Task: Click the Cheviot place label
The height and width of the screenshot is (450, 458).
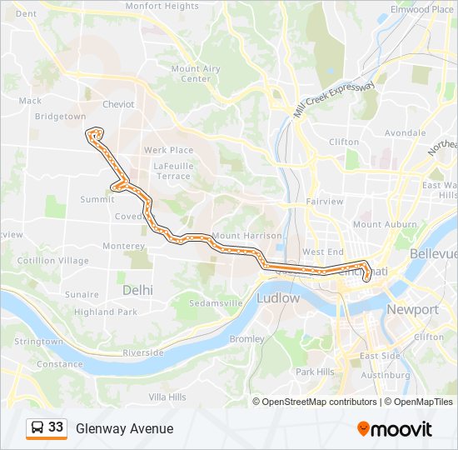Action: [117, 104]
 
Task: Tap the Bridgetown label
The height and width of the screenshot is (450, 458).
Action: [60, 117]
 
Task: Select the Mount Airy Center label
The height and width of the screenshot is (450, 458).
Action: [196, 74]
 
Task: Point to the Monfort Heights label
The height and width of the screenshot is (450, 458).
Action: [162, 6]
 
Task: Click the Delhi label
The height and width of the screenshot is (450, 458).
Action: [137, 290]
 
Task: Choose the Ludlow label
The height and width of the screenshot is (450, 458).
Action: [278, 297]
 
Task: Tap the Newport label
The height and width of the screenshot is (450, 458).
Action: [412, 309]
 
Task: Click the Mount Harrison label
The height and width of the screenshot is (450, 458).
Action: [246, 236]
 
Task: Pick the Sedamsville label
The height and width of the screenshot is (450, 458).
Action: [215, 302]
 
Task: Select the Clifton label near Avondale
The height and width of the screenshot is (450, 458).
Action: [344, 142]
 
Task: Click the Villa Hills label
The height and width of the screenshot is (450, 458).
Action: [167, 397]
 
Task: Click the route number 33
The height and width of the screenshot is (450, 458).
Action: [56, 427]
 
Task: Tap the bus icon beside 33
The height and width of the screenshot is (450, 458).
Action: [37, 427]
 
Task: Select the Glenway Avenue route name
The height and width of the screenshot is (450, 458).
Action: [125, 428]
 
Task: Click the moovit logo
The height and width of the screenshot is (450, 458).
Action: [395, 429]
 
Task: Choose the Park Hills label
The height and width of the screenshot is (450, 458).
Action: [315, 371]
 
